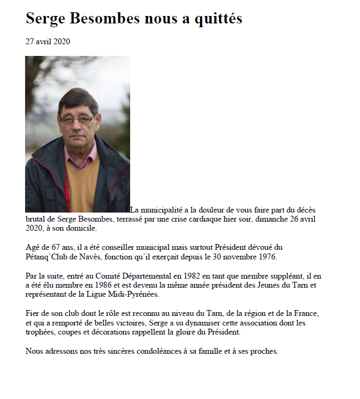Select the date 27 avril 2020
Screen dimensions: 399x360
click(48, 42)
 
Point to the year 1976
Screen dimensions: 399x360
click(266, 256)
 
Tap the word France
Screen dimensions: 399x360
click(322, 313)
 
